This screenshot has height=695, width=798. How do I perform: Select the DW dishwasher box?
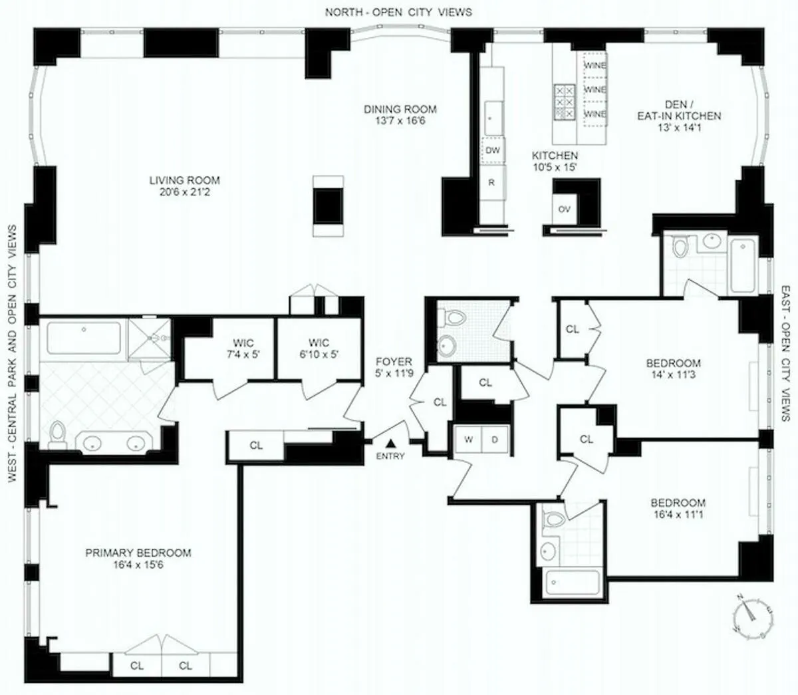coord(492,150)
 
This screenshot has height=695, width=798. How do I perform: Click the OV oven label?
coord(565,209)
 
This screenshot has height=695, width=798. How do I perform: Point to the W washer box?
coord(468,440)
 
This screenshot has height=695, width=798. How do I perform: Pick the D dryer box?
coord(495,440)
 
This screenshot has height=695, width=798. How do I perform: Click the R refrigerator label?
coord(491,182)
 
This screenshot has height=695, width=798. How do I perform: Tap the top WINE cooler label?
coord(595,65)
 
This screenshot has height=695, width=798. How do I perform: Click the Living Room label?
coord(184,180)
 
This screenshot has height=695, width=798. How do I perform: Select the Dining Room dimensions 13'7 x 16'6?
coord(400,121)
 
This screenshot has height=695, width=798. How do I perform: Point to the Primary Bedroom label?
coord(138,553)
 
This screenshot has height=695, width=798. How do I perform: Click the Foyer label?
coord(394,362)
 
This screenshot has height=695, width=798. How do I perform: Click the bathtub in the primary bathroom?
coord(84,339)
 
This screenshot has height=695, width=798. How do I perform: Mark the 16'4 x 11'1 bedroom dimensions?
coord(678,514)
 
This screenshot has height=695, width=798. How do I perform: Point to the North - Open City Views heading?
coord(399,12)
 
